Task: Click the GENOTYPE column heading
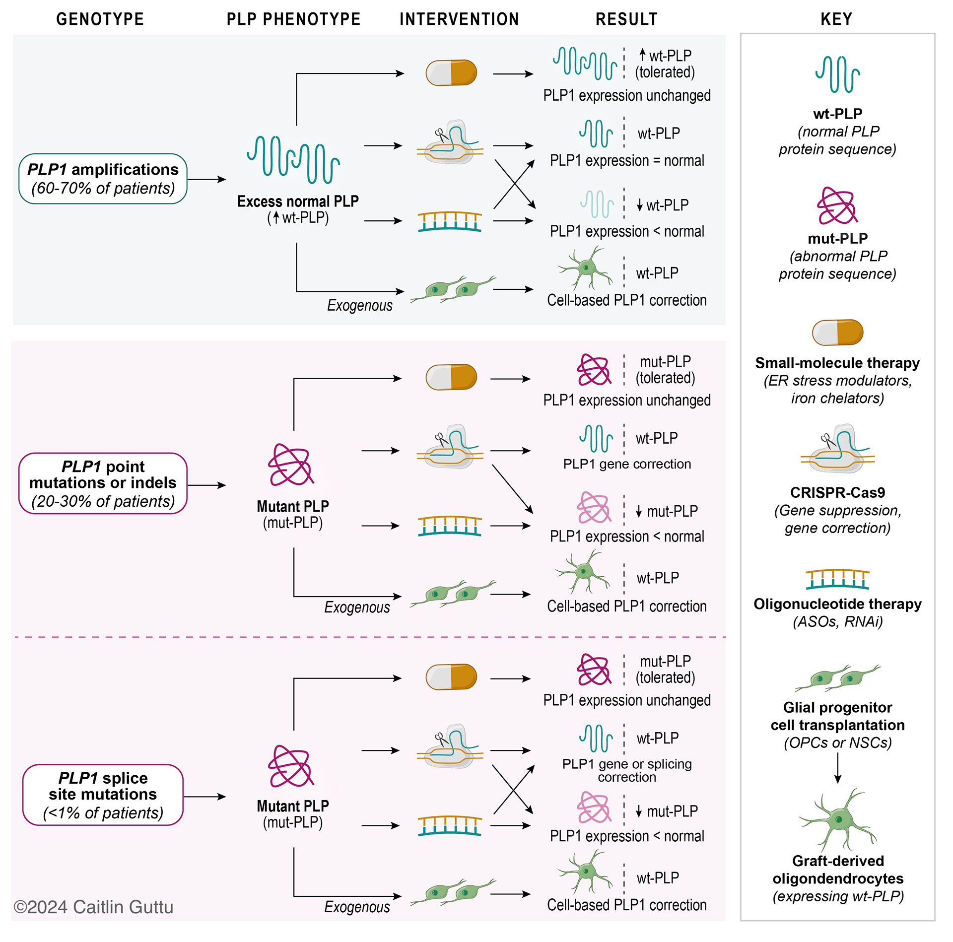[100, 19]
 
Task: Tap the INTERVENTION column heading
[459, 19]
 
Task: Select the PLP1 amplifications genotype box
[103, 179]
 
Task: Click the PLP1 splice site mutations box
[103, 795]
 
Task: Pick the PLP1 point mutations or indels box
[103, 483]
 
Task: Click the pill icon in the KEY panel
[837, 332]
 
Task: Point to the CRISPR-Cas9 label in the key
[837, 492]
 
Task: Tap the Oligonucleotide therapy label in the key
[837, 604]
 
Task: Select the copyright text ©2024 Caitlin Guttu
[93, 907]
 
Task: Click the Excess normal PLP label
[298, 201]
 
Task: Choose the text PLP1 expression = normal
[627, 160]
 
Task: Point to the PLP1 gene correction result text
[627, 464]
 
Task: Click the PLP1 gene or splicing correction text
[627, 770]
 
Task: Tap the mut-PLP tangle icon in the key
[837, 205]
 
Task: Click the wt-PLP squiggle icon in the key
[837, 74]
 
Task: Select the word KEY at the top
[836, 19]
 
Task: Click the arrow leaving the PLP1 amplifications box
[206, 179]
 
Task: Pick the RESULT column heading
[626, 19]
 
